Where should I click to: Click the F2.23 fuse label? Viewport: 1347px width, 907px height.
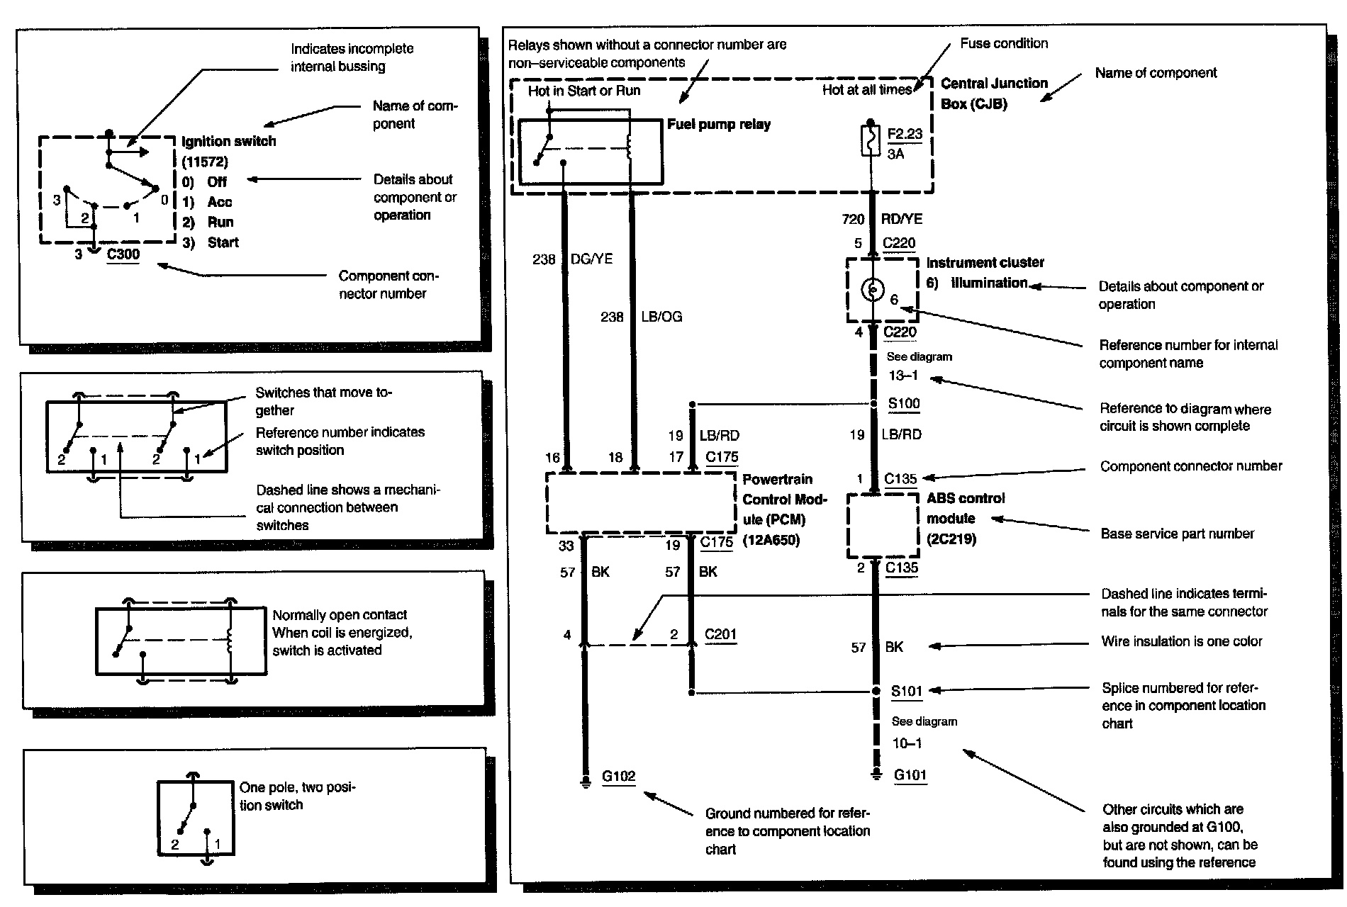click(905, 133)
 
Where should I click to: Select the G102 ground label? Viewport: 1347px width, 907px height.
click(618, 776)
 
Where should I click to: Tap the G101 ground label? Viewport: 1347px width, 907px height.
click(910, 774)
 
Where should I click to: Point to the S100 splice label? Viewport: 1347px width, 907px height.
click(904, 403)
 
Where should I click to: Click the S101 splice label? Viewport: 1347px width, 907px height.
click(906, 691)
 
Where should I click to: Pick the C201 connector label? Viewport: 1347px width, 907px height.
click(720, 634)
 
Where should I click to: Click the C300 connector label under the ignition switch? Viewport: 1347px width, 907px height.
click(123, 254)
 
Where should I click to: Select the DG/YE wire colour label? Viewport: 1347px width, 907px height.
click(591, 259)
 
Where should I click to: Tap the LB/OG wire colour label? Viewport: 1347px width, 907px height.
click(661, 317)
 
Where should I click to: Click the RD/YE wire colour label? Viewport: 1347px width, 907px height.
click(901, 220)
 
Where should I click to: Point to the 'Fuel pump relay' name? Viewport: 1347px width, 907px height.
click(718, 125)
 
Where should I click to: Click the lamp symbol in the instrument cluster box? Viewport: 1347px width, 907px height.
click(872, 288)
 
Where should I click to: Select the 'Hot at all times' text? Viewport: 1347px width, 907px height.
click(866, 90)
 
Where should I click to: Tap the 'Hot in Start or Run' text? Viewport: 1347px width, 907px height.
click(583, 91)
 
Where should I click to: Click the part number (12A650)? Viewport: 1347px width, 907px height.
click(771, 540)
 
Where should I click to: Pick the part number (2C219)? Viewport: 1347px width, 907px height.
click(951, 539)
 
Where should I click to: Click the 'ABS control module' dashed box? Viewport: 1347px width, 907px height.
click(883, 526)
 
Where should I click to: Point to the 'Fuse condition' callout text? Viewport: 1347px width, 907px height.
click(1003, 44)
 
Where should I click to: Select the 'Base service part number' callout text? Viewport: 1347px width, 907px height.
click(1177, 534)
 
